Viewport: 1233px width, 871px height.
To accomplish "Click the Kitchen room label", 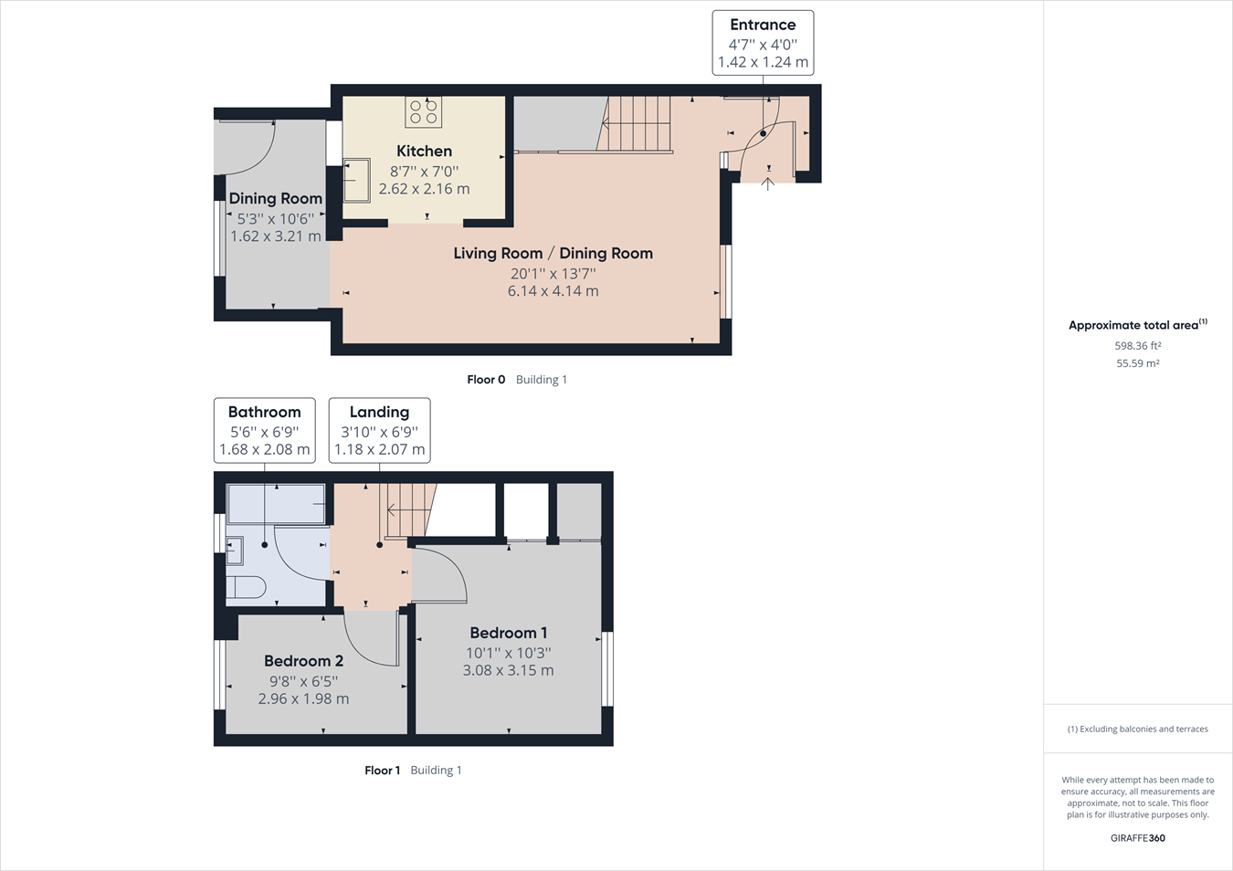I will (424, 151).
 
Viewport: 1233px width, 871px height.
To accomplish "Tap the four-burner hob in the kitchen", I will (423, 111).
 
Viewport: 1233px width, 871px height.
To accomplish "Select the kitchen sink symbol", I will (356, 180).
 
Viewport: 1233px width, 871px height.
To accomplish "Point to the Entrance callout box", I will (763, 43).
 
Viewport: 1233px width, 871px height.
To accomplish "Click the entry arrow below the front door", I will (768, 184).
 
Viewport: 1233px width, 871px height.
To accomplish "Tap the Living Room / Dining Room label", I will (553, 253).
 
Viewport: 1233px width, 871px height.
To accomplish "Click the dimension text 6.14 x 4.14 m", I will (553, 291).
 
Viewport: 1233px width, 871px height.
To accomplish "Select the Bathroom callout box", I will (264, 430).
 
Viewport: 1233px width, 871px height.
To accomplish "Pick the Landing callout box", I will (379, 430).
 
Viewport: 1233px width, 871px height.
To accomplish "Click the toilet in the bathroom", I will (245, 586).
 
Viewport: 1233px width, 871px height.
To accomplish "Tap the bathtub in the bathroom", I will (276, 504).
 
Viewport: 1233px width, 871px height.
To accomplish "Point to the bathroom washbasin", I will (235, 551).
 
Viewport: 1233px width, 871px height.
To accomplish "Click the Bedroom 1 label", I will (508, 633).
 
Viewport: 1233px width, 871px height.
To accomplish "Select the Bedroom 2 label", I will (303, 661).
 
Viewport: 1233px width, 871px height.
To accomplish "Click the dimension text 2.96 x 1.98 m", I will (303, 698).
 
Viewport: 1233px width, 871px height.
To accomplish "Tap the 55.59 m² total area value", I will (1137, 363).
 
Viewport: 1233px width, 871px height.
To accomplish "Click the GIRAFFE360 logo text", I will (1137, 838).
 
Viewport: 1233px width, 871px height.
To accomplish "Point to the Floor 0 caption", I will (486, 380).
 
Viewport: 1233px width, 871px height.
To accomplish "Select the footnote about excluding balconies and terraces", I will (1137, 729).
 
